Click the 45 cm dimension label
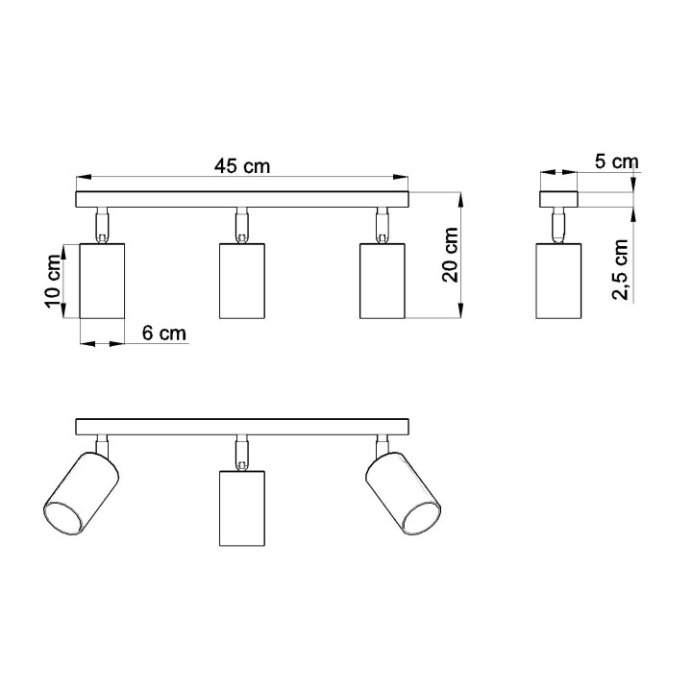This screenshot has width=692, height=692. pos(241,165)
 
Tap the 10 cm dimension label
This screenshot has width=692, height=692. pos(53,283)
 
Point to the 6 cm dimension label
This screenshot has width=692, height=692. pos(163,334)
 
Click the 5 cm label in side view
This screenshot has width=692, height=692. pos(616,162)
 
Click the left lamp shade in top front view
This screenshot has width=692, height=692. pos(101,281)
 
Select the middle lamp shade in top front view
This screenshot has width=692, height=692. pos(241,281)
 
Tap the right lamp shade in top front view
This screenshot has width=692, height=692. pos(382,281)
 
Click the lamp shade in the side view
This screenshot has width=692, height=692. pos(559,281)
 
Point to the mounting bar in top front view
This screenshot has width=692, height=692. pos(241,200)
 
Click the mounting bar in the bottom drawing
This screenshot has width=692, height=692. pos(241,428)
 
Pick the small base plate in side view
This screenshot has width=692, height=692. pos(557,200)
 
